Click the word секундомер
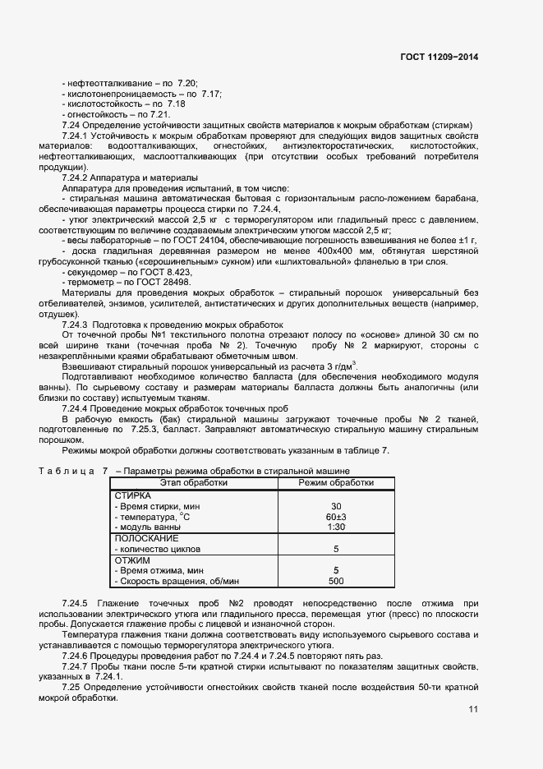coord(98,272)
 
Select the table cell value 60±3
coord(336,517)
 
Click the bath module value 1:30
coord(336,527)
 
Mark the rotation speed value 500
coord(336,581)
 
